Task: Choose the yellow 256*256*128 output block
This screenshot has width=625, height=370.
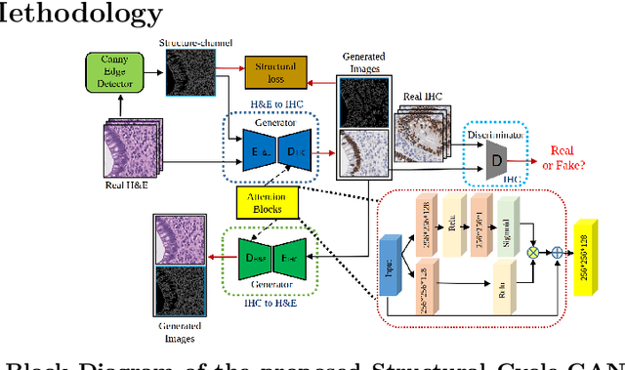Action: pos(592,253)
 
